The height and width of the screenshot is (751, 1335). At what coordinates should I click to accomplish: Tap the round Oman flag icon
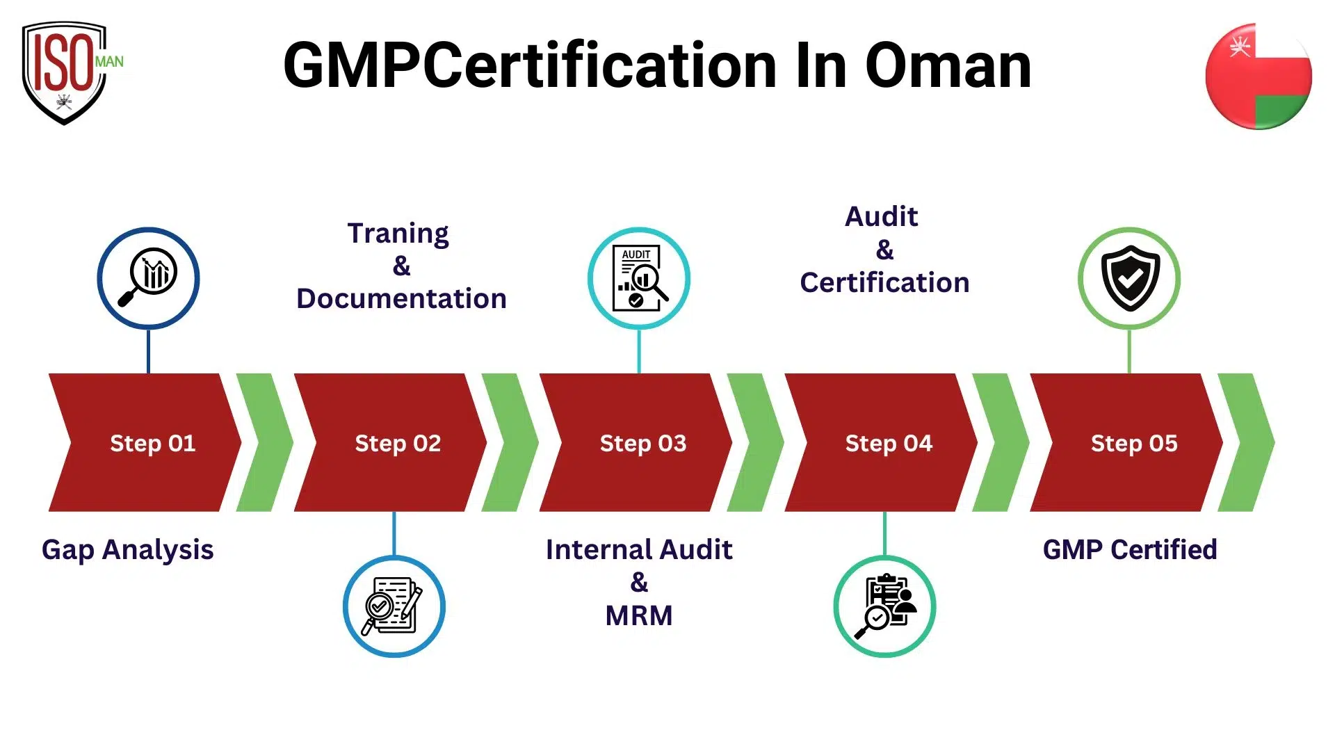(x=1258, y=76)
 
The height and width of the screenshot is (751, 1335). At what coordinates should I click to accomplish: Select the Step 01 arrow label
(x=152, y=443)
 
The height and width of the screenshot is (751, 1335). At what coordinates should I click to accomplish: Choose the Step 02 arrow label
(x=398, y=443)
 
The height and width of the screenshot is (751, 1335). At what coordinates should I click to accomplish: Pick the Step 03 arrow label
(x=643, y=443)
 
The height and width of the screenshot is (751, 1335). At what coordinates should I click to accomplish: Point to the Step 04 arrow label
(x=889, y=443)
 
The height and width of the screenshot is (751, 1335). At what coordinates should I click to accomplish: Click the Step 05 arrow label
(x=1134, y=443)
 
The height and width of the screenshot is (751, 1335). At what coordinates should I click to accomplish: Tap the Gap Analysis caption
(x=127, y=550)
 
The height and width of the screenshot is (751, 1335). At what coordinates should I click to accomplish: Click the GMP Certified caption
(x=1130, y=550)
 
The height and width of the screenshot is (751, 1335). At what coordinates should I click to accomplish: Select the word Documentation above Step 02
(x=401, y=299)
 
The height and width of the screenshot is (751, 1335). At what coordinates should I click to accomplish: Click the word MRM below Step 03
(x=639, y=616)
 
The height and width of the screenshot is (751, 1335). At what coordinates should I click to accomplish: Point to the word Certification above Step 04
(x=884, y=283)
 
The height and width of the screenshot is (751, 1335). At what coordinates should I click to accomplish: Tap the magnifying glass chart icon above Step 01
(x=148, y=278)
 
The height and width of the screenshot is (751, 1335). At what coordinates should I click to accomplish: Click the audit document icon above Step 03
(x=639, y=278)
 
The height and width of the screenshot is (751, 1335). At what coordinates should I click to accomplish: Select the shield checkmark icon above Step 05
(x=1129, y=278)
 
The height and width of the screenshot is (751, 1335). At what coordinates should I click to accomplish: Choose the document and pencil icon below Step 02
(x=394, y=606)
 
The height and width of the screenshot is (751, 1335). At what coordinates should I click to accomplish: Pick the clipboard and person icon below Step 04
(x=884, y=606)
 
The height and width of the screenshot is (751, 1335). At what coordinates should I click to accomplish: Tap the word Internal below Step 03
(x=599, y=550)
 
